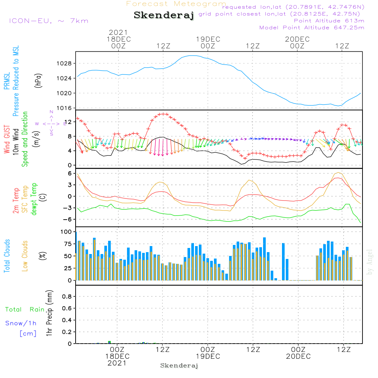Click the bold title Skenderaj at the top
coord(164,15)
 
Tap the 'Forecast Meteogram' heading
coord(176,4)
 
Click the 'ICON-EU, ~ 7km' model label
coord(49,21)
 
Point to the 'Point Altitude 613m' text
coord(329,21)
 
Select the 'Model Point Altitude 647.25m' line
coord(312,28)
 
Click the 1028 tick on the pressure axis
coord(64,64)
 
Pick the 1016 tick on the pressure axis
coord(64,108)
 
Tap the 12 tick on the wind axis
coord(68,122)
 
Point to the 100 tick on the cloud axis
coord(66,232)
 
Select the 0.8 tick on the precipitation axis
coord(67,296)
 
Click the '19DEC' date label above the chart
coord(208,39)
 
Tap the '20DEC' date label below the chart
coord(299,356)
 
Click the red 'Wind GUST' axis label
coord(7,139)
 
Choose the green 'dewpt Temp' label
coord(34,199)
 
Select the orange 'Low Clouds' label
coord(25,256)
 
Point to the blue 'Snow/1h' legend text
coord(21,323)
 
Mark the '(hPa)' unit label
coord(38,81)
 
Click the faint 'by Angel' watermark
coord(370,262)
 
